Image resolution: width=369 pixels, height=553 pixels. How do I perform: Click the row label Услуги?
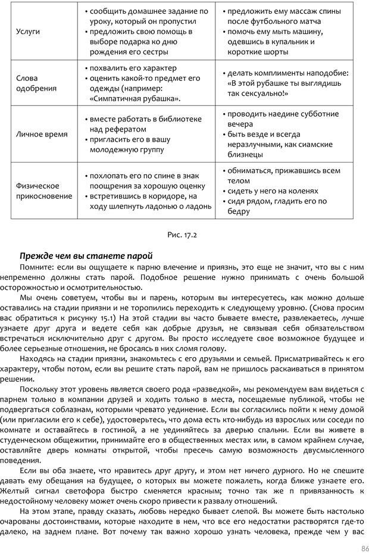click(27, 32)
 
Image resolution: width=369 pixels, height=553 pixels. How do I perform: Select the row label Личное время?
click(42, 134)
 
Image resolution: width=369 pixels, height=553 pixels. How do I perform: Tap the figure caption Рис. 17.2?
click(183, 235)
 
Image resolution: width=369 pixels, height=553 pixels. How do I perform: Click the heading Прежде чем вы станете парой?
click(86, 256)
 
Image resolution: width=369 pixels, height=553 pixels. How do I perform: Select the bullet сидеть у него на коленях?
click(272, 191)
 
